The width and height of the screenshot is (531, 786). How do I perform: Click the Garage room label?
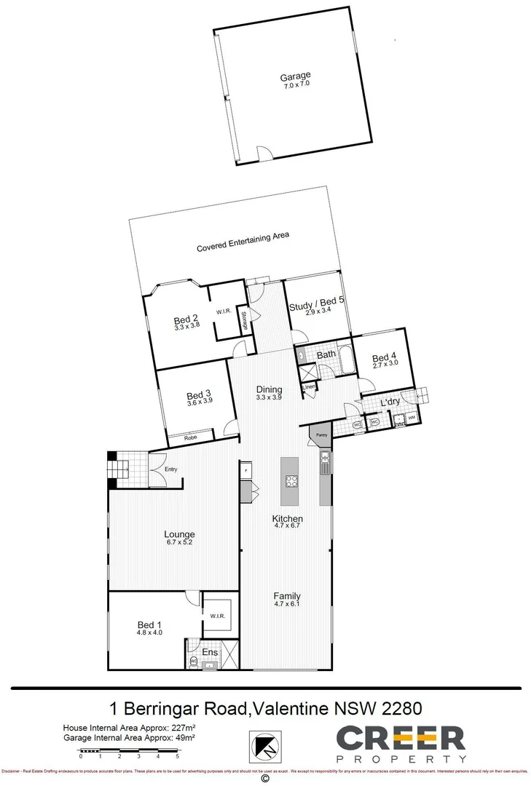click(296, 76)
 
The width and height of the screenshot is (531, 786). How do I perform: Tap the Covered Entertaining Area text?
click(243, 242)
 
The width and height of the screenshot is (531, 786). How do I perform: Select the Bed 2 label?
click(186, 319)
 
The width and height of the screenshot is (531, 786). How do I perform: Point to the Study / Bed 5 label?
click(316, 306)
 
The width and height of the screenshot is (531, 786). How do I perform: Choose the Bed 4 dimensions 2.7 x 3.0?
click(385, 365)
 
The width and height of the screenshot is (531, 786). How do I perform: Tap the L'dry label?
click(391, 402)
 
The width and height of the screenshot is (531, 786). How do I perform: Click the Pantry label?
click(322, 435)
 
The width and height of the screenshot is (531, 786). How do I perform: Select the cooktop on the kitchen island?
click(291, 480)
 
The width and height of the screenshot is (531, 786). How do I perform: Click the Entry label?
click(170, 469)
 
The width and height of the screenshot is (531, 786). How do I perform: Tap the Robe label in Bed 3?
click(189, 438)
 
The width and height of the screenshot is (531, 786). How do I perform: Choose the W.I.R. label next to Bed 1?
click(217, 616)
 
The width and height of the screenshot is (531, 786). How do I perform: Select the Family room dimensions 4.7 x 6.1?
click(287, 603)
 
